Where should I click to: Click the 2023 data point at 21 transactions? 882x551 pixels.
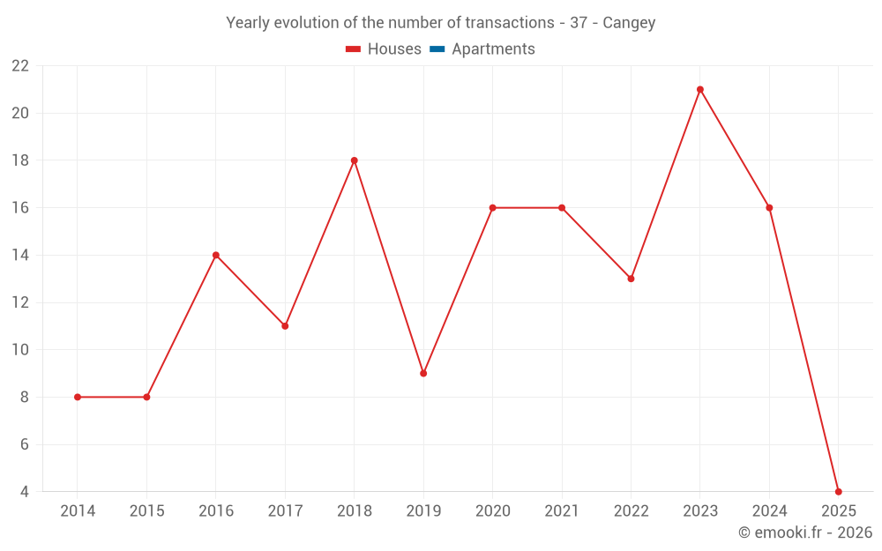pyautogui.click(x=700, y=89)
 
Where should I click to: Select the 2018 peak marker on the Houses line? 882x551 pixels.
pyautogui.click(x=354, y=160)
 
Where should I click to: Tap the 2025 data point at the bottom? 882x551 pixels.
pyautogui.click(x=838, y=491)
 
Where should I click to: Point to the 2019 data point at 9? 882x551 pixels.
pyautogui.click(x=423, y=373)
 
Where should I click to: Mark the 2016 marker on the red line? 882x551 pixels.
pyautogui.click(x=216, y=255)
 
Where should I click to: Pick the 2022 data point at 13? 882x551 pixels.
pyautogui.click(x=631, y=279)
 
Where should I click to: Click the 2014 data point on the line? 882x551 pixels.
pyautogui.click(x=78, y=397)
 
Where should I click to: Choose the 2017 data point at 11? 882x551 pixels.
pyautogui.click(x=285, y=326)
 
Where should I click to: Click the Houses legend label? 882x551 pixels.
pyautogui.click(x=394, y=49)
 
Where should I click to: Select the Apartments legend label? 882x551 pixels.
pyautogui.click(x=493, y=49)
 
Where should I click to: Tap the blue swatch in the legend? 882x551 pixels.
pyautogui.click(x=437, y=49)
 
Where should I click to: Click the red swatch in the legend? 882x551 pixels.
pyautogui.click(x=353, y=49)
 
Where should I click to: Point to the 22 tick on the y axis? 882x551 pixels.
pyautogui.click(x=20, y=66)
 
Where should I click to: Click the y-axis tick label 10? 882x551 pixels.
pyautogui.click(x=20, y=350)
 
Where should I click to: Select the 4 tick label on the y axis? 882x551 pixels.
pyautogui.click(x=25, y=492)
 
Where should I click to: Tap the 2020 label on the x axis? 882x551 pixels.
pyautogui.click(x=492, y=511)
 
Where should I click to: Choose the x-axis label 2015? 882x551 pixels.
pyautogui.click(x=146, y=511)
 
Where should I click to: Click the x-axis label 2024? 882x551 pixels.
pyautogui.click(x=769, y=511)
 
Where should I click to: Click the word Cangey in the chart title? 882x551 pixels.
pyautogui.click(x=629, y=23)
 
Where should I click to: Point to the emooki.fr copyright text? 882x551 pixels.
pyautogui.click(x=805, y=532)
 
